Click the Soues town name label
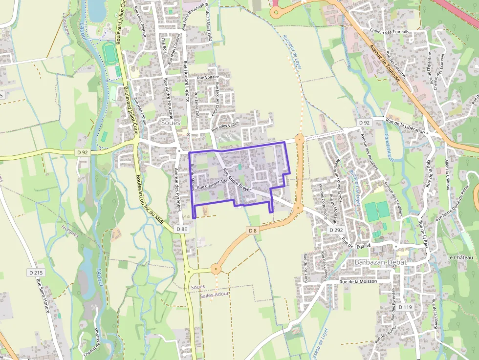pos(170,123)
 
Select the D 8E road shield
pos(181,229)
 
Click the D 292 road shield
pos(336,230)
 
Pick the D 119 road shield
pos(405,307)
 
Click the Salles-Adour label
pos(215,294)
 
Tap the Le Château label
pos(460,257)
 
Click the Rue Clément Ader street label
pos(213,183)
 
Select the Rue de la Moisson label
pos(358,282)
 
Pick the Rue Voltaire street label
pos(208,77)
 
